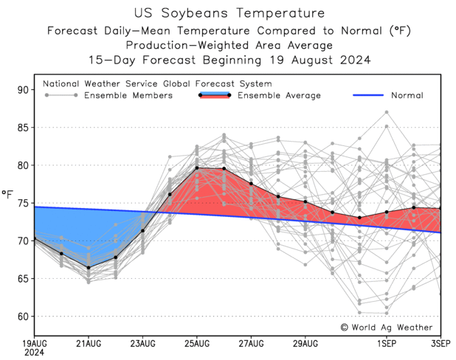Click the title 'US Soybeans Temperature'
point(229,13)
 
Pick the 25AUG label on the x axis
point(197,344)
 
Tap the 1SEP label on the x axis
point(387,344)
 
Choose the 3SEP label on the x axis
point(441,344)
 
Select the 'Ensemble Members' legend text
point(128,95)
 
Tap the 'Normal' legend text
point(407,95)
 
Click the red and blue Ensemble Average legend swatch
point(215,95)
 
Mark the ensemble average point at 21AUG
point(89,268)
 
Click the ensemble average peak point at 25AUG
point(197,168)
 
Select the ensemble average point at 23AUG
point(142,231)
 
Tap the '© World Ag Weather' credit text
point(387,327)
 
